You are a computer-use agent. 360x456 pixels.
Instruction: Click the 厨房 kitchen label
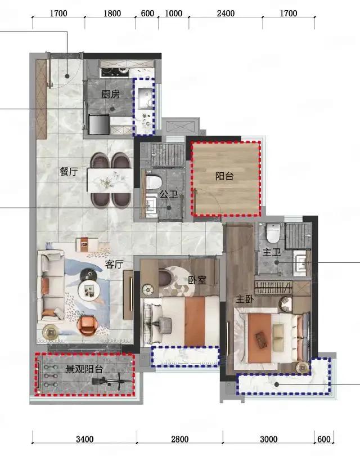click(x=110, y=94)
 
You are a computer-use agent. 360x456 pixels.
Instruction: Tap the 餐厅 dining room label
click(x=69, y=171)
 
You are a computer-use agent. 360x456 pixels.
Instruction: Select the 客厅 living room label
click(x=114, y=265)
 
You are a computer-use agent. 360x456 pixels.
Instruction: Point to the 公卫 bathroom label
click(x=169, y=194)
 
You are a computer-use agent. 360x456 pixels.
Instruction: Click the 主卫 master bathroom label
click(x=272, y=252)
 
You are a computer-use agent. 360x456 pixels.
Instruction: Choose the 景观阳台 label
click(x=84, y=369)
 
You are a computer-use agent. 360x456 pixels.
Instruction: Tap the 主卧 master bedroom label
click(x=245, y=299)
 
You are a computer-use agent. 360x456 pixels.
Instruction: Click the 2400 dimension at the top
click(x=226, y=14)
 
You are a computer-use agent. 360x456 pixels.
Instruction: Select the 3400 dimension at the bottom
click(x=84, y=439)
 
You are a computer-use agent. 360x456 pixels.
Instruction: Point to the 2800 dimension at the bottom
click(x=180, y=439)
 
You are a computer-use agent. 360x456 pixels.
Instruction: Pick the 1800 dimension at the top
click(x=112, y=14)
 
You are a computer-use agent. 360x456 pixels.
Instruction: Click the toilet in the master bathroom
click(x=273, y=233)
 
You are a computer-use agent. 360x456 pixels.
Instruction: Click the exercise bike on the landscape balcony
click(x=112, y=382)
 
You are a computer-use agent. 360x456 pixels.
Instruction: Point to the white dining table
click(x=110, y=181)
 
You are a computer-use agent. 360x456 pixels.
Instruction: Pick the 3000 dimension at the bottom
click(x=269, y=439)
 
